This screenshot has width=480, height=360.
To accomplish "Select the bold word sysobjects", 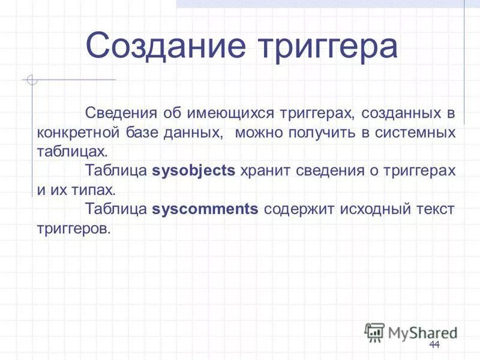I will click(194, 170).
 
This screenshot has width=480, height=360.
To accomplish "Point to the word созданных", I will click(397, 112).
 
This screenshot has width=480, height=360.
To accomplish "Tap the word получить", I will click(324, 131).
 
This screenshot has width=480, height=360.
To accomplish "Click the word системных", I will click(415, 131).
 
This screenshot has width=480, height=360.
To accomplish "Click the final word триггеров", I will click(74, 229).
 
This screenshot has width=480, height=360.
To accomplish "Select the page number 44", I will click(434, 344).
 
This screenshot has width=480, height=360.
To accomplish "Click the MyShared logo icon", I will click(374, 331).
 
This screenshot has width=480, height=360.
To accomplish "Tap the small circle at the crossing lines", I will click(32, 79).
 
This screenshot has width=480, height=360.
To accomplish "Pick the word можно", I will click(257, 131).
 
